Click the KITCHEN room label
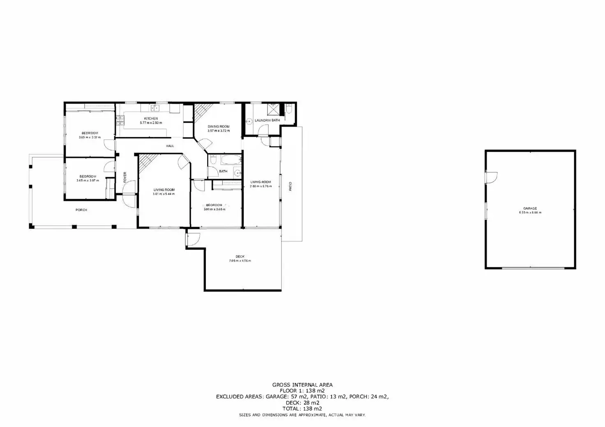151,119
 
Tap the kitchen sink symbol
155,108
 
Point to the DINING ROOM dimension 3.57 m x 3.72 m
218,131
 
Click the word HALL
170,146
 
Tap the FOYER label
125,177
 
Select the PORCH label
81,210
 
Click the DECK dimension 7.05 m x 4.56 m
240,261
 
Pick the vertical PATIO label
290,186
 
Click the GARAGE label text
530,209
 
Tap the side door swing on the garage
491,177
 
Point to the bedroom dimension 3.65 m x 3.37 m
90,138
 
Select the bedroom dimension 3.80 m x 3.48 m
214,209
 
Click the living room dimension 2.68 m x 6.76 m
261,186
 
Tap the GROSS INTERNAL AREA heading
302,385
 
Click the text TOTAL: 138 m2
302,409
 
